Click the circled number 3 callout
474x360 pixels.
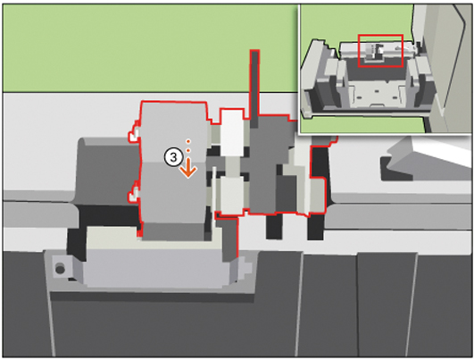click(173, 157)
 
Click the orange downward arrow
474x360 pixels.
click(188, 168)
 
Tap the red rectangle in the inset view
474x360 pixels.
click(380, 51)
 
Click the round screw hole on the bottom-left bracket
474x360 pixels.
click(60, 268)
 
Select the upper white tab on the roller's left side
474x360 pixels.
click(134, 135)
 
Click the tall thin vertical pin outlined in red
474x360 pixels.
click(254, 88)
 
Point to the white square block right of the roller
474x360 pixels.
click(232, 132)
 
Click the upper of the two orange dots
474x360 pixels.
click(188, 141)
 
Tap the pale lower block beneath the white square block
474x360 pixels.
click(232, 194)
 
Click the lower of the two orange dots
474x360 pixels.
click(188, 150)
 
